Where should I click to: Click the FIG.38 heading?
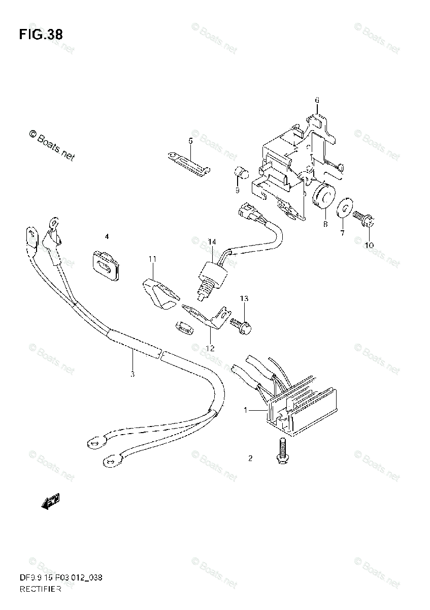[41, 35]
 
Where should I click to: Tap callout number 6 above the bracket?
[317, 100]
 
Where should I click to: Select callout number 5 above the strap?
[191, 141]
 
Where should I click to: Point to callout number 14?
[212, 241]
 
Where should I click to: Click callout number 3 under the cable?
[133, 375]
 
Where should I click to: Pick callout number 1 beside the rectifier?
[246, 410]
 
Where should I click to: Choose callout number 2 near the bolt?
[250, 459]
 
